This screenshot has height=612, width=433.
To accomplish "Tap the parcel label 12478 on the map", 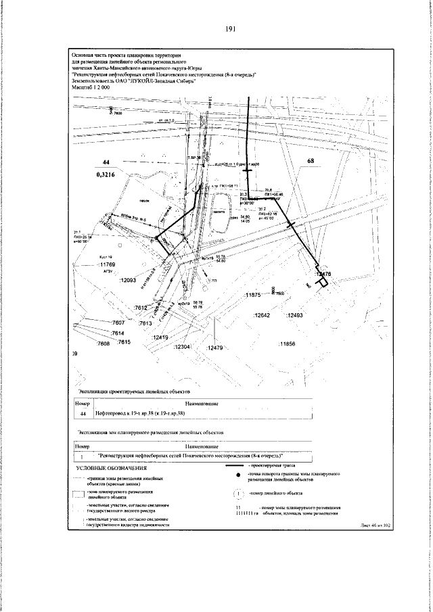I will tap(323, 274).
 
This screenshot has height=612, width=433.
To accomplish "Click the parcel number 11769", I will tap(108, 265).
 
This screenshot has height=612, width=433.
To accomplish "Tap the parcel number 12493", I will tap(294, 316).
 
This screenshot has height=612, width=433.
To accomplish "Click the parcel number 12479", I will tap(214, 348).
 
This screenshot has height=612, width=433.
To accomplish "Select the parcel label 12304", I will tap(183, 347).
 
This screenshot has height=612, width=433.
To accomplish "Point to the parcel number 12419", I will tap(161, 337).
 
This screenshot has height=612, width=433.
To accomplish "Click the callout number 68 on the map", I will tap(311, 162).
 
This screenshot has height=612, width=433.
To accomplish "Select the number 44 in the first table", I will tap(83, 413).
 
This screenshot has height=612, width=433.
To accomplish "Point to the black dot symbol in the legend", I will tap(230, 477).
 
